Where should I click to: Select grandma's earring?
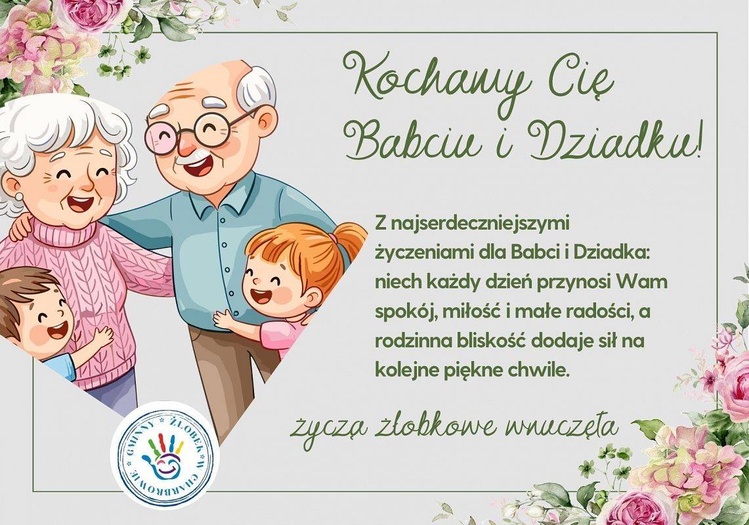(19, 196)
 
